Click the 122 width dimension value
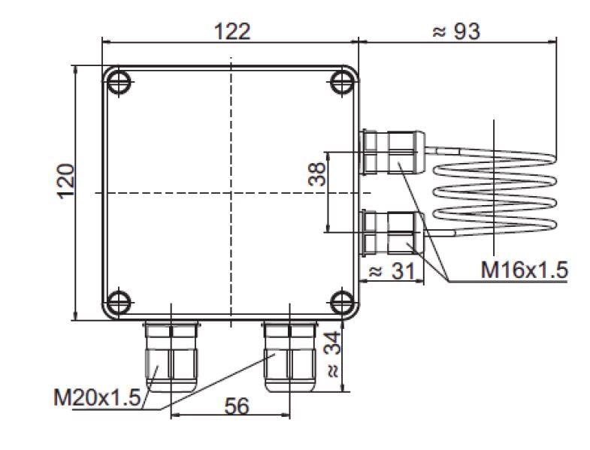click(x=232, y=32)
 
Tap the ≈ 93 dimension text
click(x=456, y=31)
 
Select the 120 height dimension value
click(x=66, y=181)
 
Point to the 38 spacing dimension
click(x=316, y=174)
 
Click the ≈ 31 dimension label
click(x=392, y=270)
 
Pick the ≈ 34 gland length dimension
click(x=333, y=354)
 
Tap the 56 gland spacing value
click(x=237, y=406)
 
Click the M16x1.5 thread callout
click(x=524, y=270)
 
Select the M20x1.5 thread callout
click(x=97, y=397)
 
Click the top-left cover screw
click(x=119, y=82)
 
